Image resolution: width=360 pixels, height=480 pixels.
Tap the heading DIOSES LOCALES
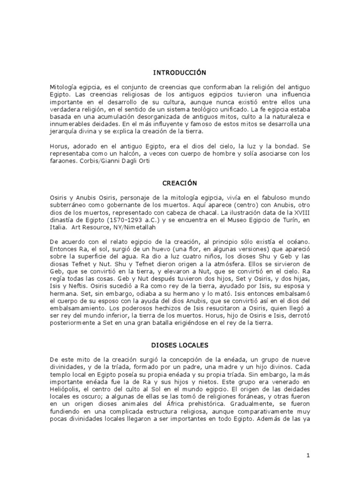point(180,345)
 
